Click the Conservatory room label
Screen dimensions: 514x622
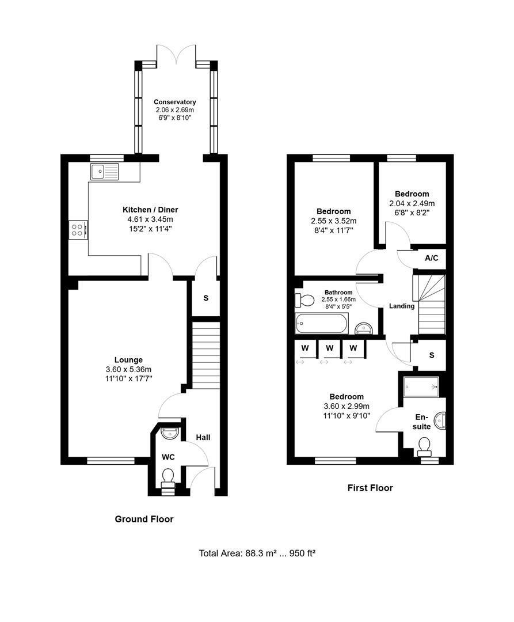pos(175,102)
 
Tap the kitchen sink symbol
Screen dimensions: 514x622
pos(105,172)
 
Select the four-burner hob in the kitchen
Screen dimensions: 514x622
pos(78,230)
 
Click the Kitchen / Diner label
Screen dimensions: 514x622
pos(150,210)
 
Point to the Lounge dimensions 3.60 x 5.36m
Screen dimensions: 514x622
pos(128,369)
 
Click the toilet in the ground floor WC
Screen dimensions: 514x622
pos(169,477)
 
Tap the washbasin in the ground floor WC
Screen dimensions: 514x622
pos(170,431)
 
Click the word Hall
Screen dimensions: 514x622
pos(203,437)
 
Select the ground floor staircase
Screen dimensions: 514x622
pos(206,355)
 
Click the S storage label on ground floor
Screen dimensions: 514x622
pos(205,298)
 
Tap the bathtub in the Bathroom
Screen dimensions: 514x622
pos(322,323)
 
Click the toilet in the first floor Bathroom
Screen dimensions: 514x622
pos(304,300)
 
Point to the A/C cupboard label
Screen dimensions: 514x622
pos(432,258)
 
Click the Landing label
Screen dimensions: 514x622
pos(402,306)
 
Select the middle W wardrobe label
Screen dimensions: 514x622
pos(329,348)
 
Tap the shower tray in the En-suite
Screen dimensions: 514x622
pos(421,386)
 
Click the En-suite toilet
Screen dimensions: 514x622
pos(424,447)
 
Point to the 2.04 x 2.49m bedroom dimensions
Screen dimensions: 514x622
pos(412,203)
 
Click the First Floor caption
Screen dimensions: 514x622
pos(370,488)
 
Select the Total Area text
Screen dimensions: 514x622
pos(257,553)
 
